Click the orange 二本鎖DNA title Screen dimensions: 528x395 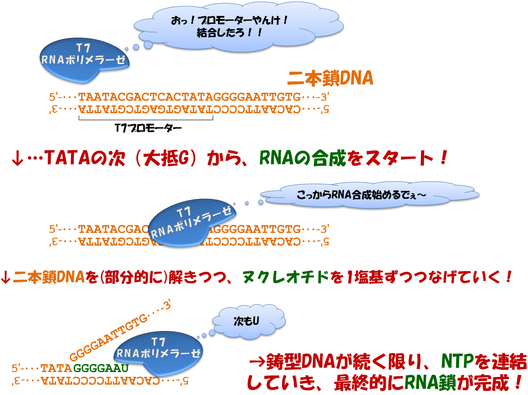[330, 78]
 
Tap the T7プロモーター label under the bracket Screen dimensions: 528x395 [148, 128]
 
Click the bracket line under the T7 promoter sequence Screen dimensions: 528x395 [146, 119]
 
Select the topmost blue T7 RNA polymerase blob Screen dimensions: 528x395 [84, 60]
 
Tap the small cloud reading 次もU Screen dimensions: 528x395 [249, 321]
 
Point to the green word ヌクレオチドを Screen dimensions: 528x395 [292, 277]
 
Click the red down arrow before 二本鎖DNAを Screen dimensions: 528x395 [6, 277]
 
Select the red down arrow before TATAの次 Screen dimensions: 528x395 [18, 159]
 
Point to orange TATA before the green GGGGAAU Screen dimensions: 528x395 [56, 368]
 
